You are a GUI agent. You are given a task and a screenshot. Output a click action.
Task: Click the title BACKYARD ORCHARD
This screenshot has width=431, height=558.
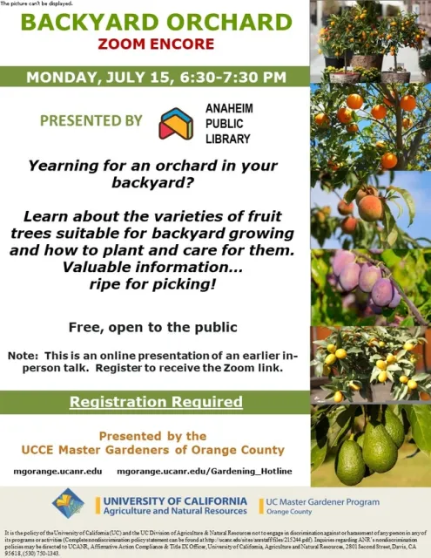(155, 22)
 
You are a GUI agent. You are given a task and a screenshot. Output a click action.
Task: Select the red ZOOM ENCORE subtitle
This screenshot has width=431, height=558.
(155, 43)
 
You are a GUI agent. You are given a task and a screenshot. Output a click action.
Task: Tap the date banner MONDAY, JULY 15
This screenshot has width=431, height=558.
(156, 77)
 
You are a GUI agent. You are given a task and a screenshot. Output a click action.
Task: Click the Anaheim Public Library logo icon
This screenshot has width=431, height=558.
(176, 124)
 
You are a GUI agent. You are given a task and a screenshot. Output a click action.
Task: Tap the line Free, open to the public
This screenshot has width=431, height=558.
(153, 328)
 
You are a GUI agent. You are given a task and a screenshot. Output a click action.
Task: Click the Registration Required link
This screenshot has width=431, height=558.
(156, 402)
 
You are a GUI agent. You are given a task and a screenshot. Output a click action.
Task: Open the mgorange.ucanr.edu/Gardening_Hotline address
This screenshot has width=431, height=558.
(204, 471)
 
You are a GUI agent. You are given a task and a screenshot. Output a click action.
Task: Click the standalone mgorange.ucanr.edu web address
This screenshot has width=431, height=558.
(57, 471)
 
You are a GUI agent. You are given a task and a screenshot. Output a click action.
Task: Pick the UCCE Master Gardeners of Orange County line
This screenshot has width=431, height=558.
(153, 450)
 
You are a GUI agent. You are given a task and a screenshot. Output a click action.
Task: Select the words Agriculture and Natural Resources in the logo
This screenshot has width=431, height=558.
(174, 513)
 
